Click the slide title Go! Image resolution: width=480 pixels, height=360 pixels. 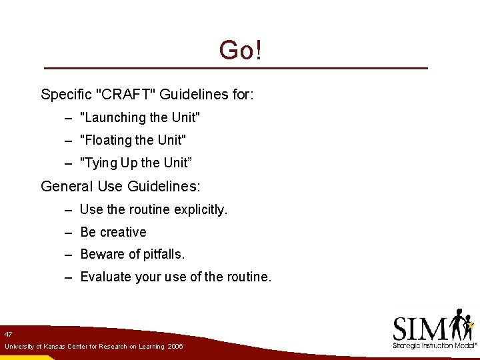click(240, 51)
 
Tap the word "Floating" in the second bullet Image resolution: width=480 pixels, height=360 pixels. click(106, 140)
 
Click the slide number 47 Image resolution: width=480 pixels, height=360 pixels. click(8, 333)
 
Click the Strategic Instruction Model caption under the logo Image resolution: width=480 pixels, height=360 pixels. click(435, 346)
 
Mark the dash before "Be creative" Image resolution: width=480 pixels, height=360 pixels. click(69, 232)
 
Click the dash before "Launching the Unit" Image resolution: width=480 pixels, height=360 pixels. click(69, 117)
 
